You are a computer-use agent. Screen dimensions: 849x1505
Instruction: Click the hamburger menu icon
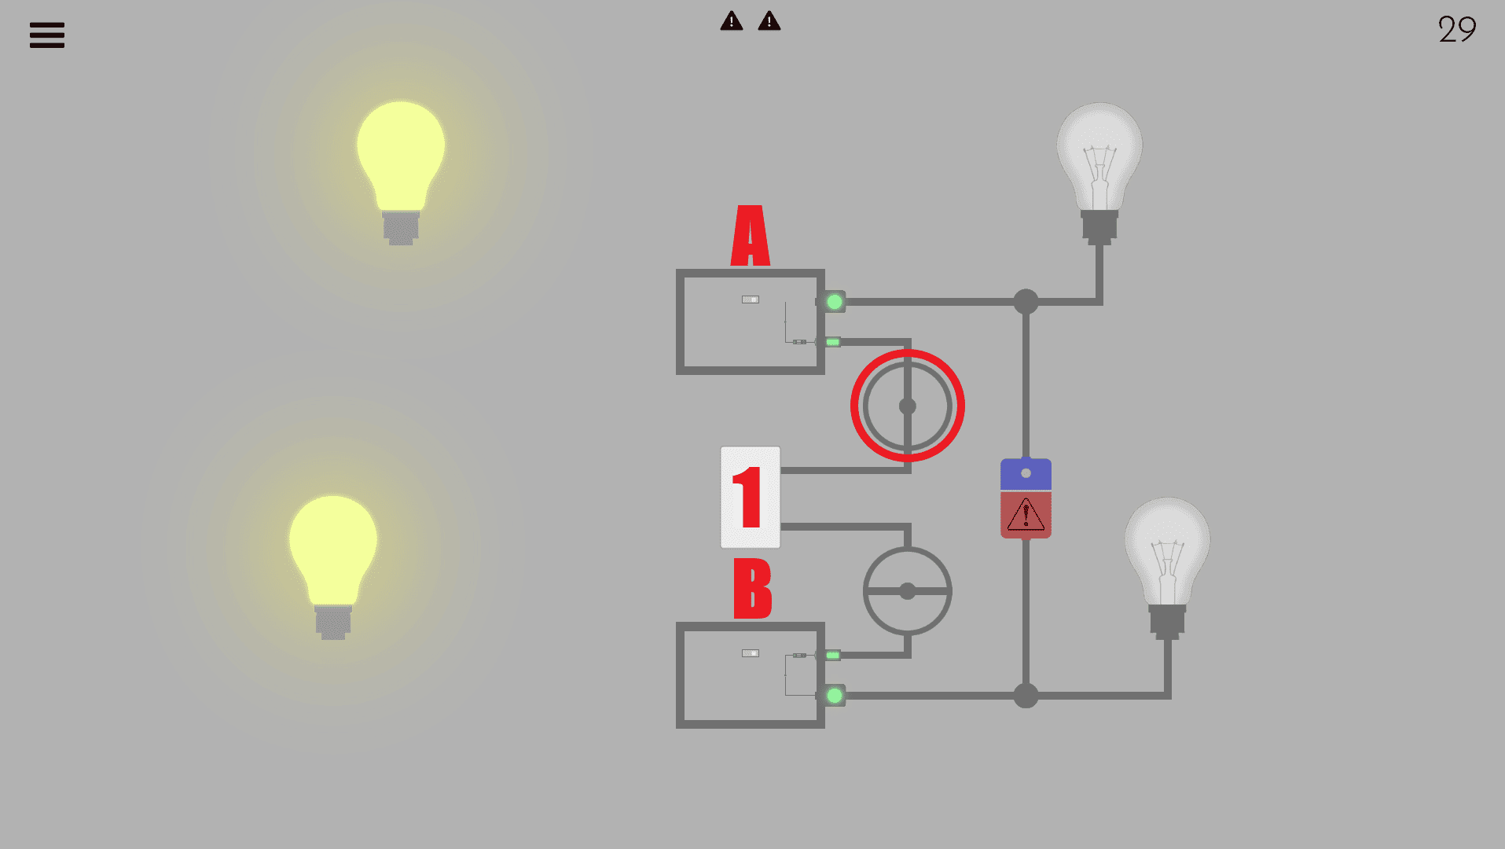[x=47, y=35]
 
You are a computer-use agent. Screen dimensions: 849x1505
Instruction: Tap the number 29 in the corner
[x=1456, y=30]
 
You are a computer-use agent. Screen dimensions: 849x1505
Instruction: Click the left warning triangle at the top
[x=731, y=21]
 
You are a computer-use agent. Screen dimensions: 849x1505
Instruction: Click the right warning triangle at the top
[x=769, y=21]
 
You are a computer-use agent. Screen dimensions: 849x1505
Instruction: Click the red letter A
[x=751, y=236]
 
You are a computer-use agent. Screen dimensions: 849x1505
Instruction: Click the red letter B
[x=752, y=589]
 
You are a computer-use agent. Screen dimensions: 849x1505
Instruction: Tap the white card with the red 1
[x=750, y=497]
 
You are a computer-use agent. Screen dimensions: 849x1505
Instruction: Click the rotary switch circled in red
[x=907, y=406]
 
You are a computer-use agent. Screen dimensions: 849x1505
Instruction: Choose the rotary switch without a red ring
[x=907, y=591]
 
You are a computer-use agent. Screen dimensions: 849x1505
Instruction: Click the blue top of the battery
[x=1026, y=474]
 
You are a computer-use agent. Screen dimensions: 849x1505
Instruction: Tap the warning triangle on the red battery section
[x=1026, y=516]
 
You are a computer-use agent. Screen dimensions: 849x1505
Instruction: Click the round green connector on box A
[x=835, y=302]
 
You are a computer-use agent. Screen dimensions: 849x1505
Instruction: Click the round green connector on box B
[x=835, y=696]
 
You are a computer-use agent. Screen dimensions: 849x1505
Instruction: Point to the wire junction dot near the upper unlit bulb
[x=1026, y=302]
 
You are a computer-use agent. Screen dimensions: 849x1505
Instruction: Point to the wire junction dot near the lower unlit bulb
[x=1026, y=696]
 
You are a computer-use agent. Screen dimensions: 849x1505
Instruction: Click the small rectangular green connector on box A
[x=832, y=342]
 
